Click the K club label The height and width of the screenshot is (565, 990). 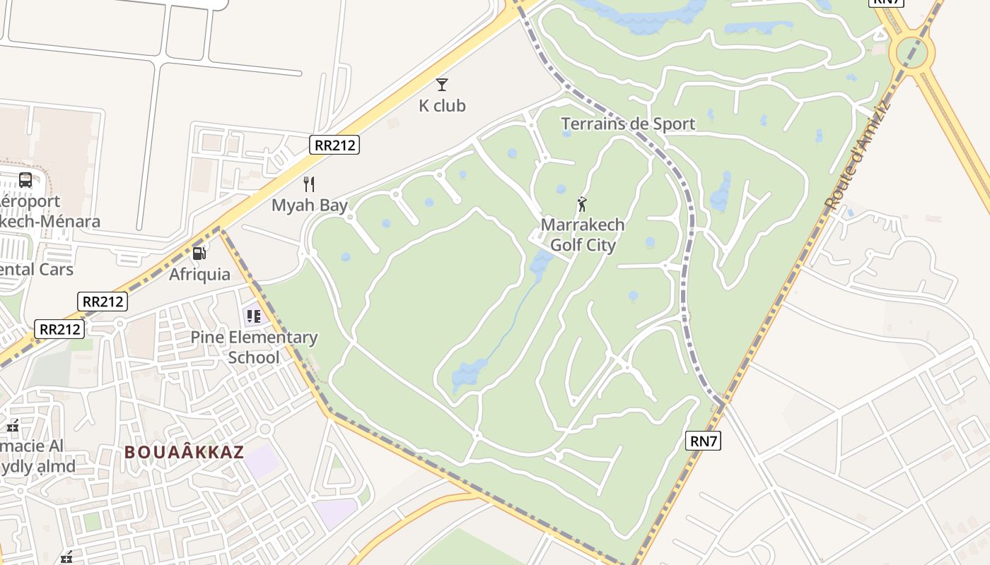pyautogui.click(x=442, y=106)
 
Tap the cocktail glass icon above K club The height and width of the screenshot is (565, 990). pyautogui.click(x=442, y=85)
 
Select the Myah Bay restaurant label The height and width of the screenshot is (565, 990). pyautogui.click(x=310, y=206)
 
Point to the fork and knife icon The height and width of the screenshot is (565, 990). pyautogui.click(x=309, y=184)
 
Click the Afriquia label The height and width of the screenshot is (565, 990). pyautogui.click(x=199, y=274)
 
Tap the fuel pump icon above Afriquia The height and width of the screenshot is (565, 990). pyautogui.click(x=199, y=252)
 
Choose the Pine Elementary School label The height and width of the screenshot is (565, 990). pyautogui.click(x=254, y=347)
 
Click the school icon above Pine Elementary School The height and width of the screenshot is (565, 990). pyautogui.click(x=253, y=316)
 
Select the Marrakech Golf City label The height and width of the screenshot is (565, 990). pyautogui.click(x=583, y=235)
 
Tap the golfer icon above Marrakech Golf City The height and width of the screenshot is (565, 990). pyautogui.click(x=583, y=204)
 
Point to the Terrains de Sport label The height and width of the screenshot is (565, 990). pyautogui.click(x=628, y=124)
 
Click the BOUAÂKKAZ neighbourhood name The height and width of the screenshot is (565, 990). pyautogui.click(x=185, y=452)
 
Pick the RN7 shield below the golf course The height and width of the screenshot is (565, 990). pyautogui.click(x=704, y=441)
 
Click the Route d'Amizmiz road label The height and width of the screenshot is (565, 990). pyautogui.click(x=856, y=157)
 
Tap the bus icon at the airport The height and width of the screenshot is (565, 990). pyautogui.click(x=25, y=180)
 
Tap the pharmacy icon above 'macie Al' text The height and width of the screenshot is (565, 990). pyautogui.click(x=13, y=425)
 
